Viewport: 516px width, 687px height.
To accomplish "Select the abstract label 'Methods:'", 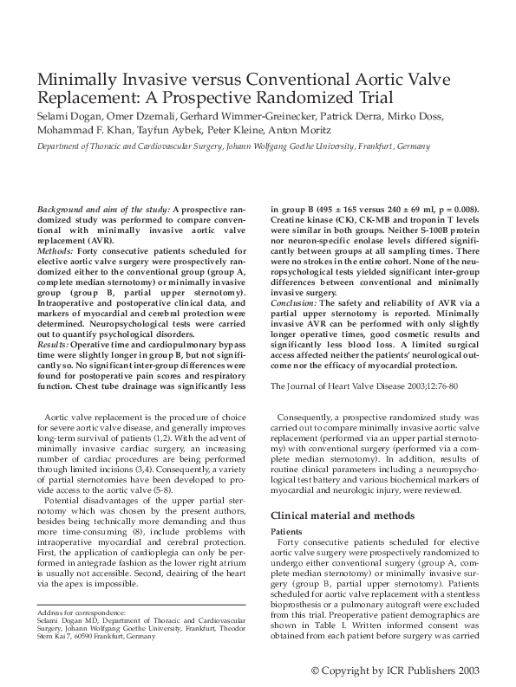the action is pyautogui.click(x=56, y=250).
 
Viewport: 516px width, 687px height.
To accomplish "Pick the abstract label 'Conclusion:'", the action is pyautogui.click(x=294, y=302).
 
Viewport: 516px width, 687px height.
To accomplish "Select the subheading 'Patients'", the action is pyautogui.click(x=286, y=531).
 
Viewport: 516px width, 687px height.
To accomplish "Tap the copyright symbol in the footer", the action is pyautogui.click(x=317, y=671).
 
